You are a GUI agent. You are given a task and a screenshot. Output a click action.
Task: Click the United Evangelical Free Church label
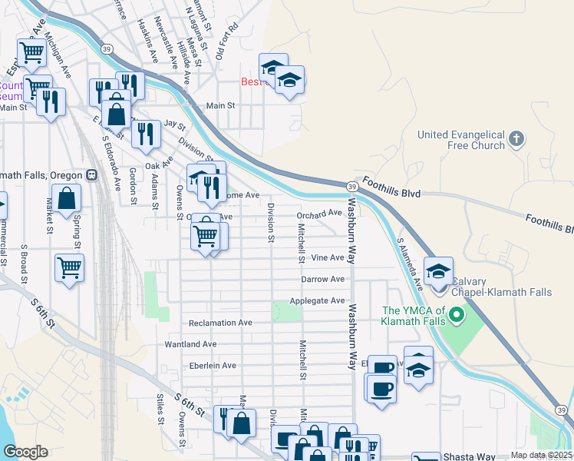pos(461,140)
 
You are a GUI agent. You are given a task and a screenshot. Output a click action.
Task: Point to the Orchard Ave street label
pos(319,214)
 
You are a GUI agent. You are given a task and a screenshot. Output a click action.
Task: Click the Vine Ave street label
pos(328,258)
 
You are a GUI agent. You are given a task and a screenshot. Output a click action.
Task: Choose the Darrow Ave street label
pos(323,280)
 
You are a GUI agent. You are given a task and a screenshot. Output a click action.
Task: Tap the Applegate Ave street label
pos(317,301)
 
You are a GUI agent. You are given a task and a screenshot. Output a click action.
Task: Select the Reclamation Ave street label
pos(220,323)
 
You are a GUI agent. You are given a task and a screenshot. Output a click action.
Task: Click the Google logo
pos(25,452)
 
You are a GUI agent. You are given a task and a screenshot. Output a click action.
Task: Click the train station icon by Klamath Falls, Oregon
pos(92,174)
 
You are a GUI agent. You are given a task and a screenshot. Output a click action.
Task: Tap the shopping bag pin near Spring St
pos(68,198)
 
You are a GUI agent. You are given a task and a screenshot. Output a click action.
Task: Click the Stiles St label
pos(161,409)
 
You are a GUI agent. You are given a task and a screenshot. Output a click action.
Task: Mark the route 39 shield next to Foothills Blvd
pos(351,187)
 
